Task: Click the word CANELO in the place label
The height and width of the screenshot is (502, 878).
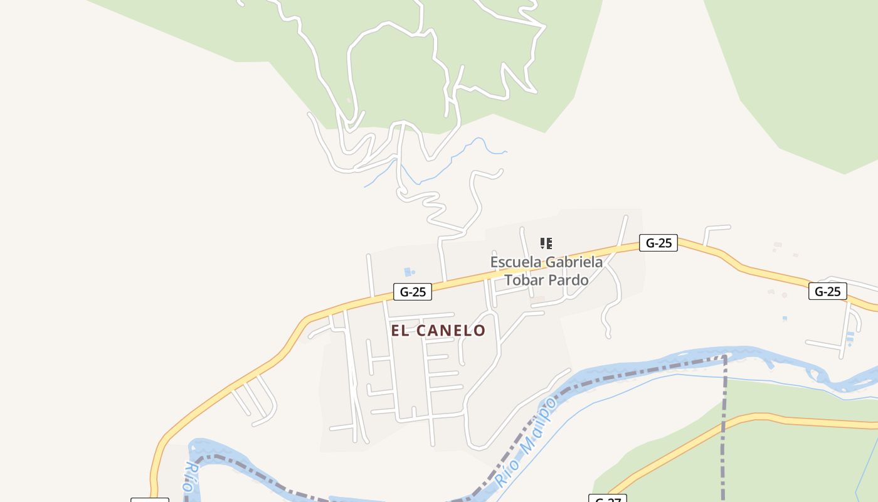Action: pyautogui.click(x=450, y=331)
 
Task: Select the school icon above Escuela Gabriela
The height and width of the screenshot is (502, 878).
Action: pyautogui.click(x=546, y=243)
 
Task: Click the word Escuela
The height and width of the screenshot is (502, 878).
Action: pyautogui.click(x=515, y=262)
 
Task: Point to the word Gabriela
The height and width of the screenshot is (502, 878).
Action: pyautogui.click(x=573, y=262)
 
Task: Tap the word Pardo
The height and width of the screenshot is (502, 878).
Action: pyautogui.click(x=569, y=280)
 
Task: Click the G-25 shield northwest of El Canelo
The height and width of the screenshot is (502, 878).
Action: pyautogui.click(x=413, y=292)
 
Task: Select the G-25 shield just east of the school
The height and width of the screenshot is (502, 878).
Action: pyautogui.click(x=658, y=243)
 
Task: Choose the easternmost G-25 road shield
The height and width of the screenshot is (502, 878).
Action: pyautogui.click(x=827, y=291)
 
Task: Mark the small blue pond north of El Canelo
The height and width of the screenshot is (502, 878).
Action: pyautogui.click(x=408, y=272)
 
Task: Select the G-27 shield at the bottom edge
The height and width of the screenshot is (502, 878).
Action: pyautogui.click(x=607, y=499)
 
